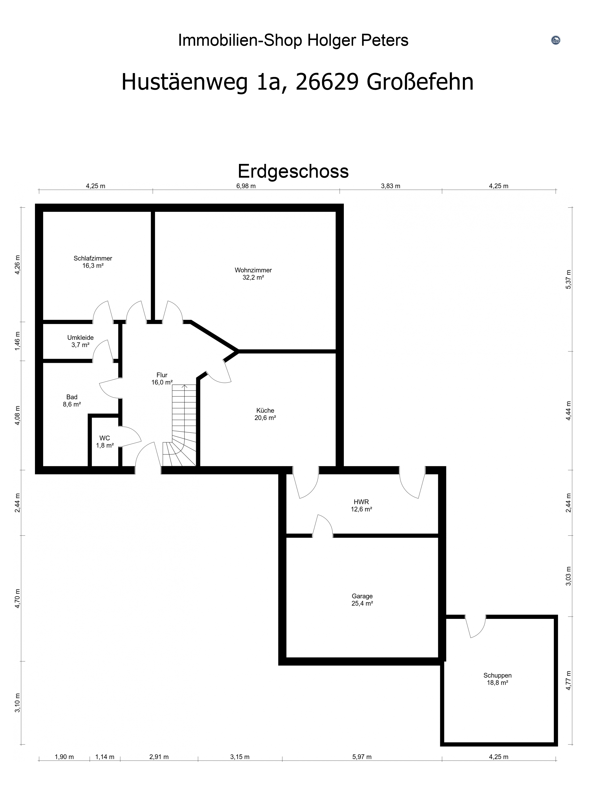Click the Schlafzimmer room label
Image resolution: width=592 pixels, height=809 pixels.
(x=93, y=262)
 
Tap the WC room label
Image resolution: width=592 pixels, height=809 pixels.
(x=105, y=442)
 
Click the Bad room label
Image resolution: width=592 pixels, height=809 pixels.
(x=72, y=401)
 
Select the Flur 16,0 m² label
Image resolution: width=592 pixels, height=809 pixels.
(x=162, y=379)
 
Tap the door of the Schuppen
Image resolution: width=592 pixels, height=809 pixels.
(x=476, y=627)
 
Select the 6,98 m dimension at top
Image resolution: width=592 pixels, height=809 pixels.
(x=246, y=186)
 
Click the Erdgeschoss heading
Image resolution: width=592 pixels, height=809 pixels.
(x=293, y=171)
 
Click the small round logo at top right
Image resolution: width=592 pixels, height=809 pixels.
(x=556, y=40)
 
